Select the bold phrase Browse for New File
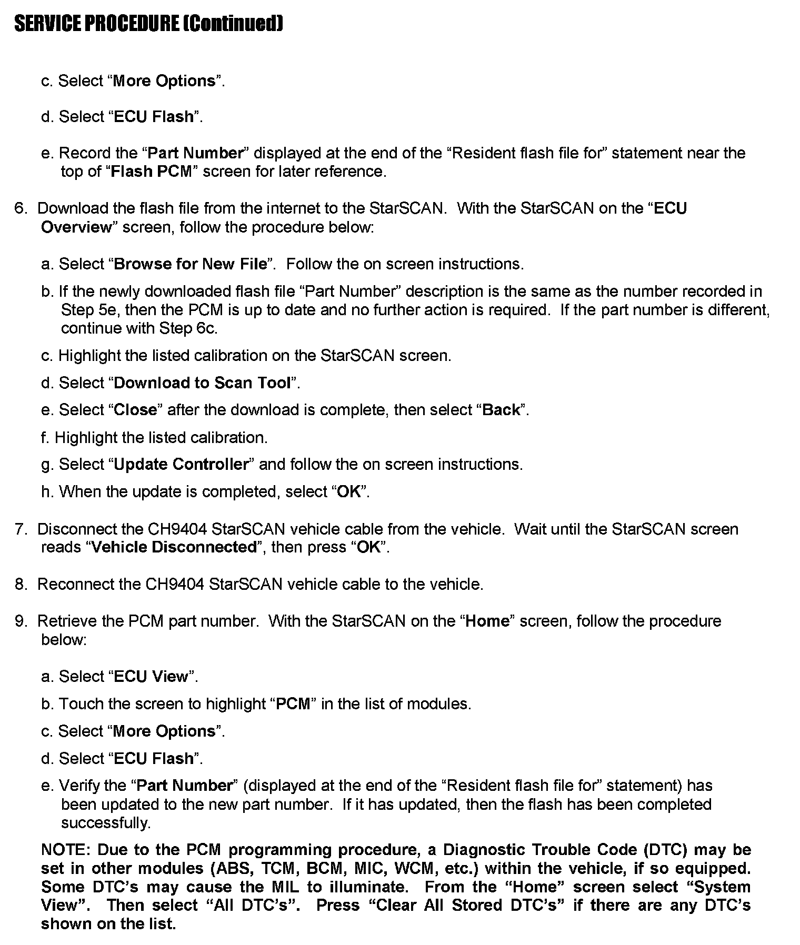coord(191,264)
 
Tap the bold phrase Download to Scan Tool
coord(203,383)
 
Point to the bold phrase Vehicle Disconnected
coord(173,547)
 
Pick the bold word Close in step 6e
coord(136,410)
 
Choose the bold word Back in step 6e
coord(501,410)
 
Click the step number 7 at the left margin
coord(20,529)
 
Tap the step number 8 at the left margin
coord(20,584)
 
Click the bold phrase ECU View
coord(151,676)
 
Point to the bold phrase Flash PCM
coord(151,172)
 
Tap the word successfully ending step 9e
coord(105,822)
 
